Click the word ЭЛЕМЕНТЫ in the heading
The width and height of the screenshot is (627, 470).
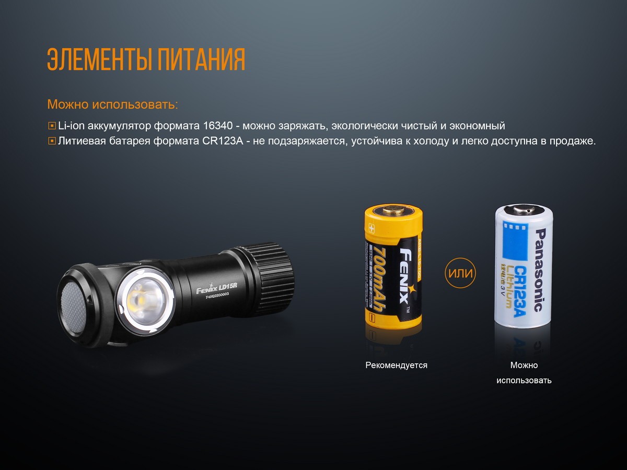94,60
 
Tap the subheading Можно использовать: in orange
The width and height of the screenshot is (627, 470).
112,104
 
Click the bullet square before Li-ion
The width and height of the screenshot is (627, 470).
52,126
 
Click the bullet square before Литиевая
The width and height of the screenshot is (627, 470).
52,142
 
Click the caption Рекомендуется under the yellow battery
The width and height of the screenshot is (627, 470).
396,366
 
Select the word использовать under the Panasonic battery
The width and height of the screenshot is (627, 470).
524,380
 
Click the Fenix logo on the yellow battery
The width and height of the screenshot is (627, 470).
404,277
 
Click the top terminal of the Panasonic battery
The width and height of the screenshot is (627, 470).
523,209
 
